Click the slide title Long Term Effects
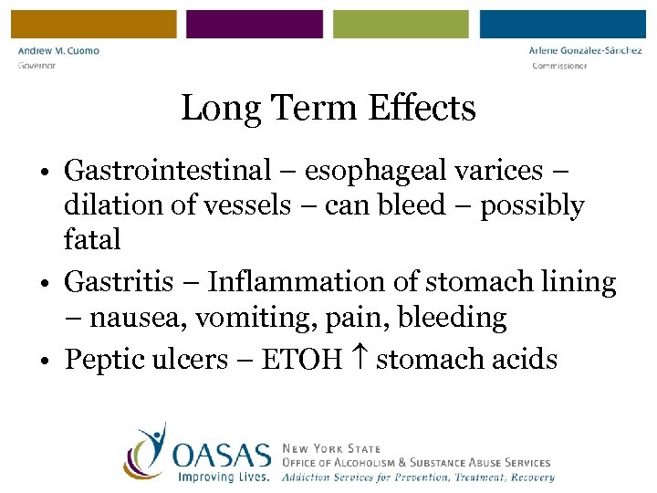328,108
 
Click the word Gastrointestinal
168,170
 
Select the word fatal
92,240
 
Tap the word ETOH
300,359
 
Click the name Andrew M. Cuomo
59,51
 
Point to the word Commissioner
559,66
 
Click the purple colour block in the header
255,24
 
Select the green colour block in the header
401,24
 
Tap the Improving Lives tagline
224,477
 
